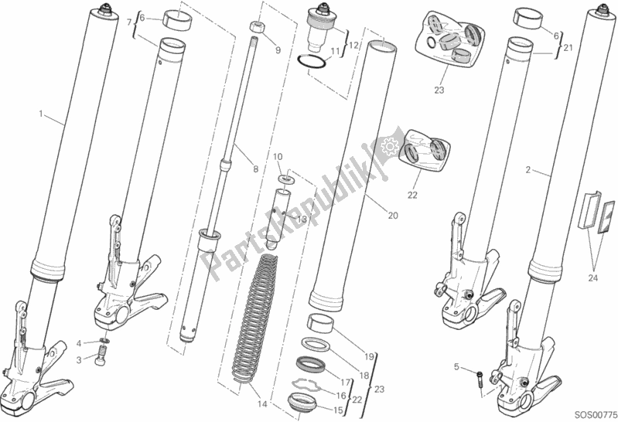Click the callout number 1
click(41, 114)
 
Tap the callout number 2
click(528, 168)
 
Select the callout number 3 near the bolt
click(78, 360)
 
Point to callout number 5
click(456, 366)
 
